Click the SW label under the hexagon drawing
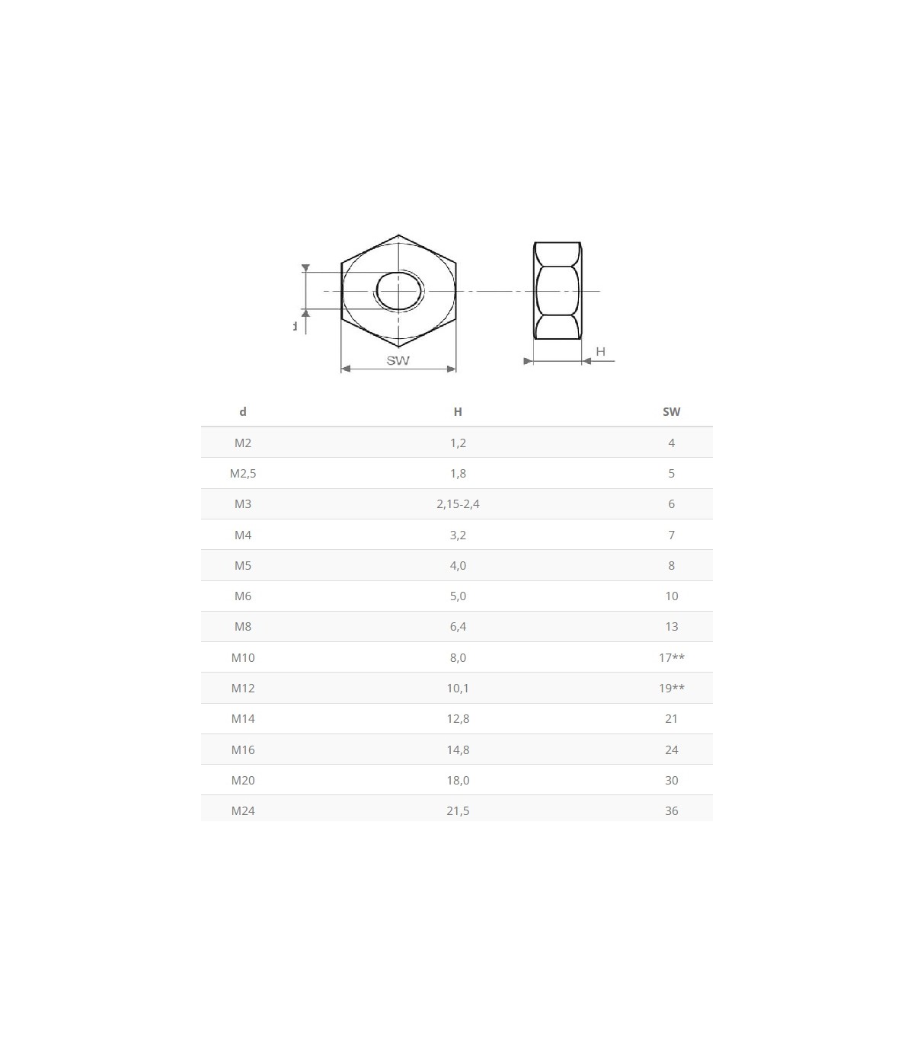click(x=398, y=360)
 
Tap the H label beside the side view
click(x=600, y=351)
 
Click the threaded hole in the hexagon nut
click(x=399, y=291)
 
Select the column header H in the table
click(x=458, y=411)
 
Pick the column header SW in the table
click(x=672, y=411)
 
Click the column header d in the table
click(x=243, y=411)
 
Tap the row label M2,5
click(x=243, y=474)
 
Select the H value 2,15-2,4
click(x=458, y=504)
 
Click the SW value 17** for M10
click(x=672, y=657)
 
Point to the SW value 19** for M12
click(x=672, y=688)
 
